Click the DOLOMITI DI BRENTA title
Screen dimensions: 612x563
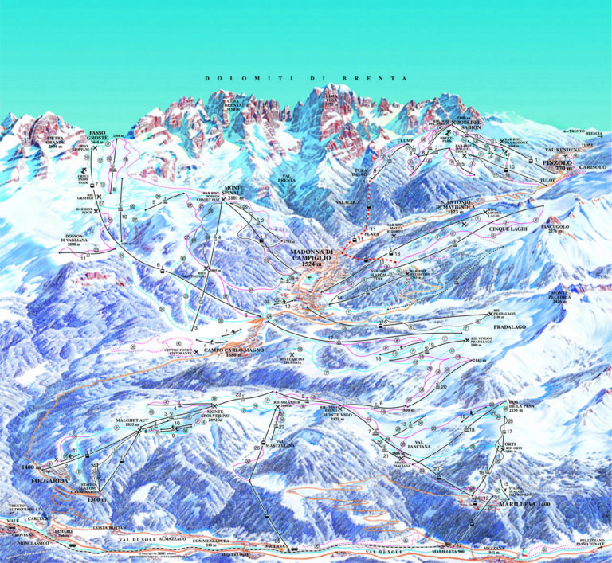(x=305, y=79)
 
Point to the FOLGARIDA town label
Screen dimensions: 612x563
(x=35, y=481)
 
